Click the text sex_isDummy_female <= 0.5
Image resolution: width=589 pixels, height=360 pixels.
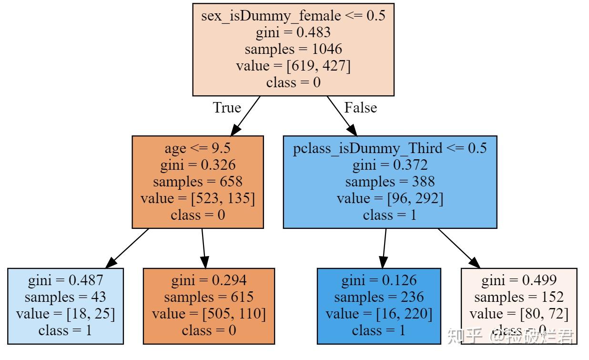click(293, 16)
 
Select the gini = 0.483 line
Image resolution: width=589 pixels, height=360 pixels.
click(293, 32)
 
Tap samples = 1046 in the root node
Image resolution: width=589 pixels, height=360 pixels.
click(293, 49)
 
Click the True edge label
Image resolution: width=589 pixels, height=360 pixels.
click(227, 108)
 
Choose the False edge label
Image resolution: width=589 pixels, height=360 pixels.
click(360, 108)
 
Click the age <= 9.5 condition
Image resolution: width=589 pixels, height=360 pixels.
click(197, 148)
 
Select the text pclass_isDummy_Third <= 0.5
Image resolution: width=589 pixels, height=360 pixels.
click(390, 148)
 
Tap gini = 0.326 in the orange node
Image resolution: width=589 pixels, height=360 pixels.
click(197, 165)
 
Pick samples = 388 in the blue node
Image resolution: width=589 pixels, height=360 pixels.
click(390, 182)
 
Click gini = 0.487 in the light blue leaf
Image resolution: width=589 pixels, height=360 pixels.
click(65, 280)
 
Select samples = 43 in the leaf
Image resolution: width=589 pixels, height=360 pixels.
click(65, 297)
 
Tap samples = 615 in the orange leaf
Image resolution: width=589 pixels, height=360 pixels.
click(209, 297)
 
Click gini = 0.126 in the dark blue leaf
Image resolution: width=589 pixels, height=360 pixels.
click(379, 280)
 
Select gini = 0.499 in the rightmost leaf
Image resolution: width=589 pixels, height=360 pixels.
click(519, 280)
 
